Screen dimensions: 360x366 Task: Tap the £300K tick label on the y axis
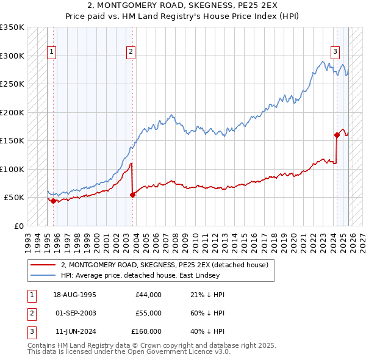(12, 56)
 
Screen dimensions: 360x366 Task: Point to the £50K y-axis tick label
(14, 198)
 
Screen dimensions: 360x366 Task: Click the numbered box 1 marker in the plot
(52, 52)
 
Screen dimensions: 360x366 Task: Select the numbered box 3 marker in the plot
(335, 52)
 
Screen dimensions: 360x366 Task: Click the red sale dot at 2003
(132, 195)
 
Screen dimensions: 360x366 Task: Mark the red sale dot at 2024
(337, 135)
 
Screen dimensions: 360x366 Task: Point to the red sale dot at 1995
(53, 201)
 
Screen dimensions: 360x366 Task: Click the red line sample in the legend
(43, 265)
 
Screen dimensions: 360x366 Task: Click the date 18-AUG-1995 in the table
(75, 295)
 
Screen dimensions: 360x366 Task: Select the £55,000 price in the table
(148, 313)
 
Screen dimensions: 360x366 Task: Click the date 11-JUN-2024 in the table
(74, 331)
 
